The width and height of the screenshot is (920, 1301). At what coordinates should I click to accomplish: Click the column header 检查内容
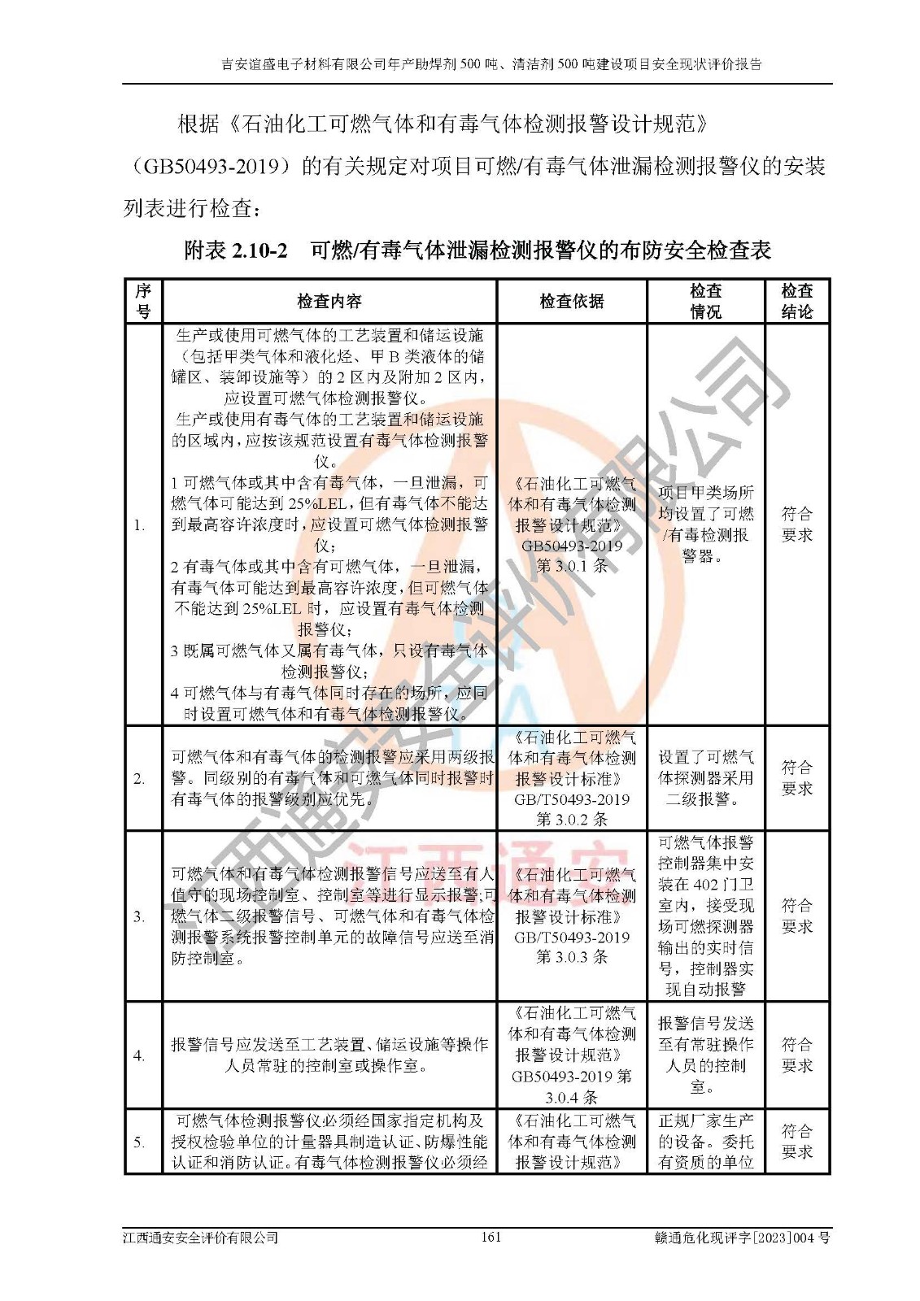(x=329, y=302)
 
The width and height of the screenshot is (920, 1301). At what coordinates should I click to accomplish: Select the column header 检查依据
(x=571, y=302)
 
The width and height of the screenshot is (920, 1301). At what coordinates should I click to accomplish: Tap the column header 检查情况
(x=705, y=302)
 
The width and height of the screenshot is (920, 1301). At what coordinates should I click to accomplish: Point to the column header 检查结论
(x=796, y=302)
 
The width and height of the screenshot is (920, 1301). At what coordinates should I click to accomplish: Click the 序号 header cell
(x=143, y=302)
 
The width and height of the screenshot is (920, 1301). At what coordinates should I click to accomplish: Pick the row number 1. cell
(x=140, y=525)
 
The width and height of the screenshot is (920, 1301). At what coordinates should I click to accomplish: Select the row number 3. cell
(x=140, y=916)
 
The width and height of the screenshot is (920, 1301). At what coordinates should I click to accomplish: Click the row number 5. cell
(x=140, y=1142)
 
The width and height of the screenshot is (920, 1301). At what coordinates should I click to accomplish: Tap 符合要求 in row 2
(x=796, y=778)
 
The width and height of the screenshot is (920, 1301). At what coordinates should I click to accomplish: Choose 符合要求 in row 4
(x=796, y=1055)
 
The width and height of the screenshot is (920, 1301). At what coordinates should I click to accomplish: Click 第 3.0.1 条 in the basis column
(x=572, y=567)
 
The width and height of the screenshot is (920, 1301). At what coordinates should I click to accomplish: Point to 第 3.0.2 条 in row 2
(x=572, y=820)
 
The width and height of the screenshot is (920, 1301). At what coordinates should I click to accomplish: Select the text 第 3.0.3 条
(x=572, y=957)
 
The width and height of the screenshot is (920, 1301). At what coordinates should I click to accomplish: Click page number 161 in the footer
(x=491, y=1238)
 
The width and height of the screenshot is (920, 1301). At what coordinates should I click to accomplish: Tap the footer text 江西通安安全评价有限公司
(x=200, y=1238)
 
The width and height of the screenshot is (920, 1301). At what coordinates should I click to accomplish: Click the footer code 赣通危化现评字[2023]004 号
(x=742, y=1238)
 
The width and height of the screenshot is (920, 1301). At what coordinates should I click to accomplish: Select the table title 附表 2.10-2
(x=236, y=250)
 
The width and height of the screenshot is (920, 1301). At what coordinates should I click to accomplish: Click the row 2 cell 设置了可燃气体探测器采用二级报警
(x=705, y=778)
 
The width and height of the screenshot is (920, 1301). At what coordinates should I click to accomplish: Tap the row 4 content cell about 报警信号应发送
(x=329, y=1055)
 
